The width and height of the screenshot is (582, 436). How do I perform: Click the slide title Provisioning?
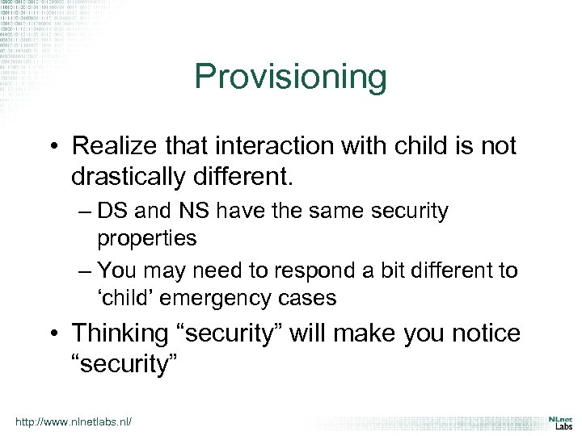click(x=291, y=78)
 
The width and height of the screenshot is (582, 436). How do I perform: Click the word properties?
click(x=146, y=238)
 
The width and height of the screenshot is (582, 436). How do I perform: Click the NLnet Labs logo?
click(x=559, y=423)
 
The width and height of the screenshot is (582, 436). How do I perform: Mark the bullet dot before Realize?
click(x=56, y=147)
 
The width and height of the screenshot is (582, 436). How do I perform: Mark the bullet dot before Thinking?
click(x=56, y=333)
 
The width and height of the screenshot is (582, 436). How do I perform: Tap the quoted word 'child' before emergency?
click(x=129, y=297)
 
